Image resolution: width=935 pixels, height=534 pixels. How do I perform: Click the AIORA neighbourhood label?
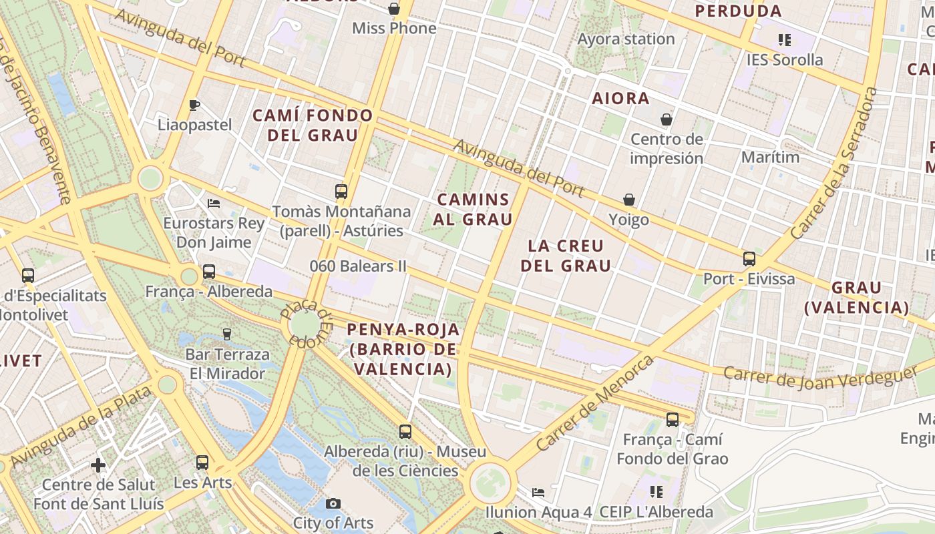pos(620,99)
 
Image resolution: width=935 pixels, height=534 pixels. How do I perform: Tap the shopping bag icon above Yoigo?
pos(628,200)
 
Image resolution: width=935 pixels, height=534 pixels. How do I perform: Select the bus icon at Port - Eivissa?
pos(749,259)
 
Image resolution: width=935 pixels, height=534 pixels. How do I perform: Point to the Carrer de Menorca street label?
pos(595,403)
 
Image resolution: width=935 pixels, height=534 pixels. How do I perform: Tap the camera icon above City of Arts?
pos(333,503)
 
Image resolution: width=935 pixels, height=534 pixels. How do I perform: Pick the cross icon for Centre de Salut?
pos(98,465)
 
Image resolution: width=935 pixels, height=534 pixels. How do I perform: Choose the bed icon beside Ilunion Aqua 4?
pos(538,493)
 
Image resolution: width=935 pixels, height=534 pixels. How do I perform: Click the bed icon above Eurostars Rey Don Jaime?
pos(214,203)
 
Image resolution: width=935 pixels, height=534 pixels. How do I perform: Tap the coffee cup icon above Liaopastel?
pos(194,105)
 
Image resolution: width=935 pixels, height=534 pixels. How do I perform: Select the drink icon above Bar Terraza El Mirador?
pos(227,334)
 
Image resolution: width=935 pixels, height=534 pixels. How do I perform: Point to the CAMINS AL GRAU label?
pos(473,209)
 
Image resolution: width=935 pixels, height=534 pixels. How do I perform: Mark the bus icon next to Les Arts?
pos(202,462)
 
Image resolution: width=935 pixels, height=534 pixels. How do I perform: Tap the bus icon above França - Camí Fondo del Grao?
pos(673,420)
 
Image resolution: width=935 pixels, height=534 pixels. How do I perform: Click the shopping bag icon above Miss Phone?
pos(394,9)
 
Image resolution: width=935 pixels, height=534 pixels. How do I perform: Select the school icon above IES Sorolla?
pos(785,40)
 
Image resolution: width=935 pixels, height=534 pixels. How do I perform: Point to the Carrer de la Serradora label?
pos(833,164)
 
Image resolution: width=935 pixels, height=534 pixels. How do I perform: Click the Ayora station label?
pos(626,39)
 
